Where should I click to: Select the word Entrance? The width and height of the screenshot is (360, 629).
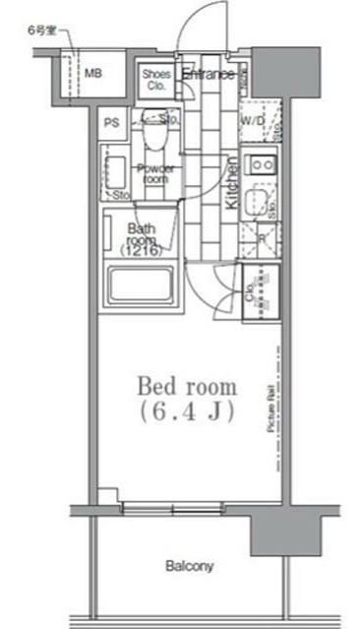207,75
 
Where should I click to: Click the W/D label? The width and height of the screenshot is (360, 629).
253,121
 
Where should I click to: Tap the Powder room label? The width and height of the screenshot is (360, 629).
155,173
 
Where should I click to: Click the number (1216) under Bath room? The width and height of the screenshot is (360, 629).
142,251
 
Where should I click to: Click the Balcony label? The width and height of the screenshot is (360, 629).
189,567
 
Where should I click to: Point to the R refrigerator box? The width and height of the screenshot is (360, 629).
261,238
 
